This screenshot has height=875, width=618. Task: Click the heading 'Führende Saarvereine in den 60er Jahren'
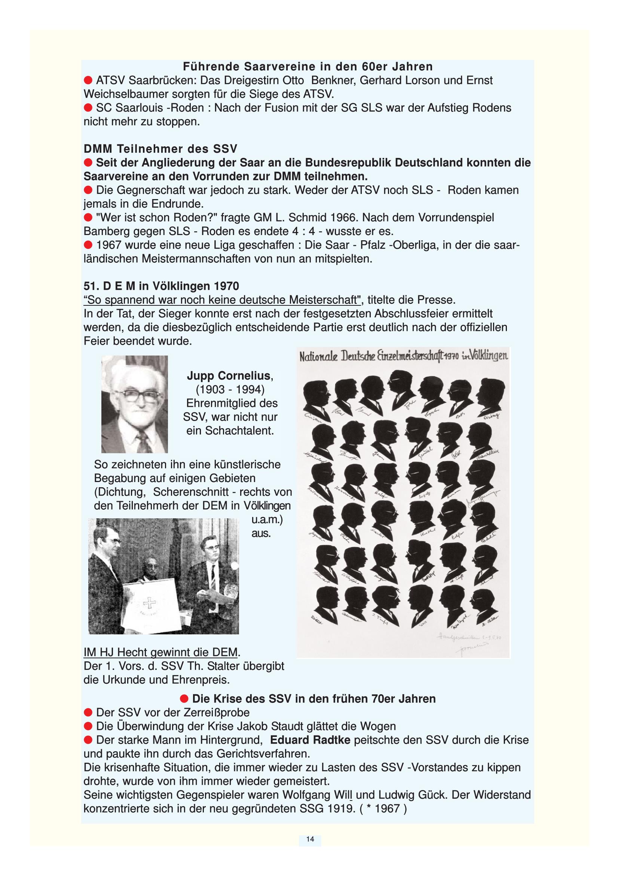(x=308, y=67)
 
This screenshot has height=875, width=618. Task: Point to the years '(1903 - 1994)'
(x=230, y=390)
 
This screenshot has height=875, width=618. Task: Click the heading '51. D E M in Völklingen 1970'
(x=161, y=286)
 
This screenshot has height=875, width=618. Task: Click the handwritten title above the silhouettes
(x=403, y=357)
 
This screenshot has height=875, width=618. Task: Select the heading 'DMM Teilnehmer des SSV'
(x=160, y=149)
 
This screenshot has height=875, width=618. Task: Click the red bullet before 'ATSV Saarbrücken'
(x=88, y=80)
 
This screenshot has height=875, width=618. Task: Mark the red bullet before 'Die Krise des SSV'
(x=184, y=699)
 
